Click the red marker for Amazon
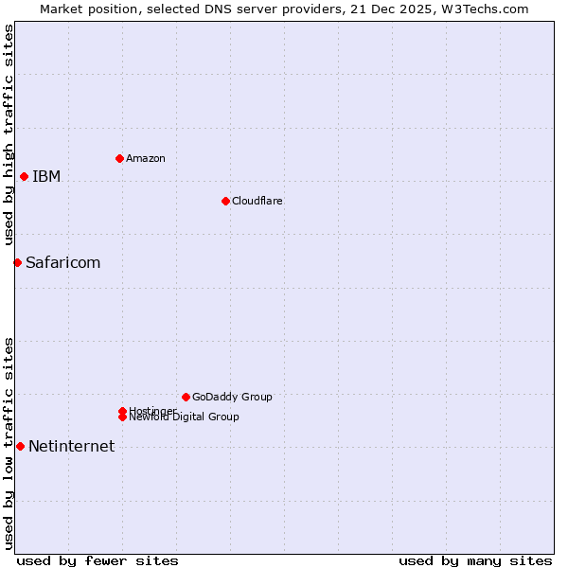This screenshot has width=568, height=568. click(x=119, y=158)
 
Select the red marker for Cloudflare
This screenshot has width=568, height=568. click(x=225, y=201)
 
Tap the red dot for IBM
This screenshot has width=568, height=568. click(x=24, y=176)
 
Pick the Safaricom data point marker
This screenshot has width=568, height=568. click(x=17, y=262)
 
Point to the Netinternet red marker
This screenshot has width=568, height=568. click(x=20, y=446)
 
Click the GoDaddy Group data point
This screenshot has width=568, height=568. click(x=186, y=397)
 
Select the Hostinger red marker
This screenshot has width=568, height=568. click(x=122, y=411)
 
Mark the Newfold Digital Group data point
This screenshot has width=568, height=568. click(x=122, y=417)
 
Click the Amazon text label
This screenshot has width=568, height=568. click(x=146, y=158)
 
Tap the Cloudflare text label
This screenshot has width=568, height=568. click(x=257, y=201)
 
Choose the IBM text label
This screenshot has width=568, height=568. click(x=46, y=176)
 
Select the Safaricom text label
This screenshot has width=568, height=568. click(x=62, y=262)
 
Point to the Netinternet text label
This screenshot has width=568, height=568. click(x=71, y=446)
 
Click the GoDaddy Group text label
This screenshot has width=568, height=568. click(x=232, y=397)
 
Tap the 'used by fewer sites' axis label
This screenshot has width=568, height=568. click(x=98, y=560)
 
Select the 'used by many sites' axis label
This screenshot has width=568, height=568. click(x=475, y=560)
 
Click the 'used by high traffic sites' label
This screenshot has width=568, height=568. click(x=9, y=134)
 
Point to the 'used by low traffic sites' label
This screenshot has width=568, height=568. click(x=9, y=443)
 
